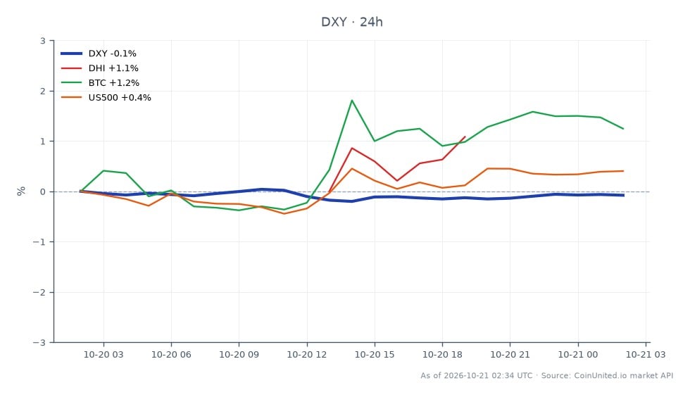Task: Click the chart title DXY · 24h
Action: tap(351, 22)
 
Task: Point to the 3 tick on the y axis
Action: tap(43, 41)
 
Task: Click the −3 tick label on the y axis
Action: tap(39, 342)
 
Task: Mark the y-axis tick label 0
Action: tap(43, 192)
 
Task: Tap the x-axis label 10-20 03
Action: tap(103, 355)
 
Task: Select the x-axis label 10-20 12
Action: tap(307, 355)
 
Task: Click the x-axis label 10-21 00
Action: tap(578, 355)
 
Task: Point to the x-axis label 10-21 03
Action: tap(646, 355)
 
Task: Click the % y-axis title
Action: tap(21, 191)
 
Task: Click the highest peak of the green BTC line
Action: tap(352, 101)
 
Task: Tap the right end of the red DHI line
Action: tap(465, 137)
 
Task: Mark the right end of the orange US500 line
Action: tap(623, 171)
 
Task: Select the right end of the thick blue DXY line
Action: tap(623, 195)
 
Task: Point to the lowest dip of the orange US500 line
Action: tap(284, 213)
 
